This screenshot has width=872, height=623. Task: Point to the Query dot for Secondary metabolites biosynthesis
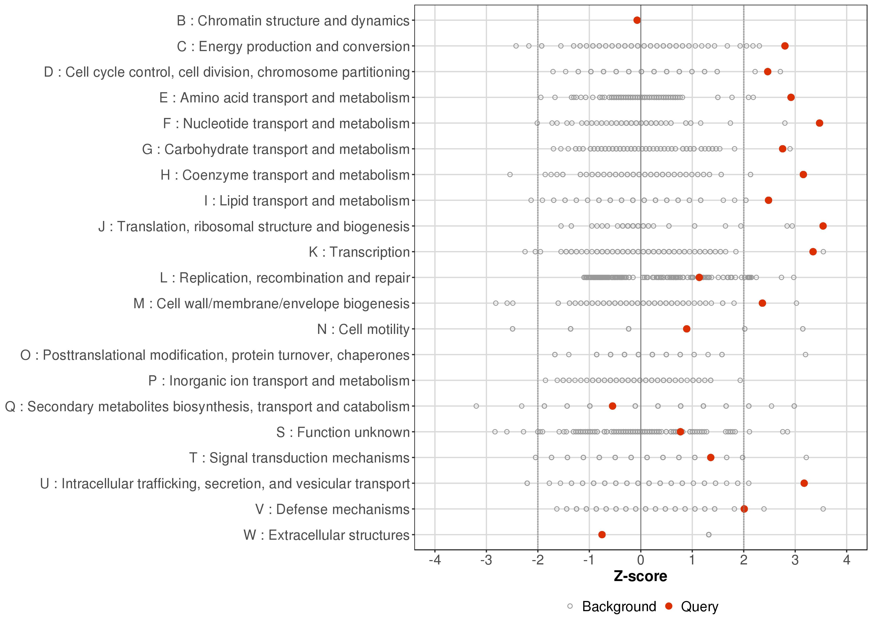coord(612,406)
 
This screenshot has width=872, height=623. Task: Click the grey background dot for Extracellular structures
coord(709,535)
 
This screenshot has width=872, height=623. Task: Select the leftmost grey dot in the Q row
coord(476,406)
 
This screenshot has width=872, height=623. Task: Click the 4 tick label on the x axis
coord(847,560)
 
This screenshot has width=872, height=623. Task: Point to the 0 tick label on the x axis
coord(640,560)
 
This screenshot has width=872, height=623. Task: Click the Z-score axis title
coord(640,576)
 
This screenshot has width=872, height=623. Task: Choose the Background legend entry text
coord(619,607)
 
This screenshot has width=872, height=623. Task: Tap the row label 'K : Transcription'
coord(359,252)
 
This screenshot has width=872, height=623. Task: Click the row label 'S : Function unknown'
coord(343,432)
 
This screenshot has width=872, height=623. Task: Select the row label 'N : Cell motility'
coord(364,329)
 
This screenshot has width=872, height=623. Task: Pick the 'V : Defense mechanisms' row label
coord(332,509)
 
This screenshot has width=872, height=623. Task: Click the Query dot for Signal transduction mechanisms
coord(710,457)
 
